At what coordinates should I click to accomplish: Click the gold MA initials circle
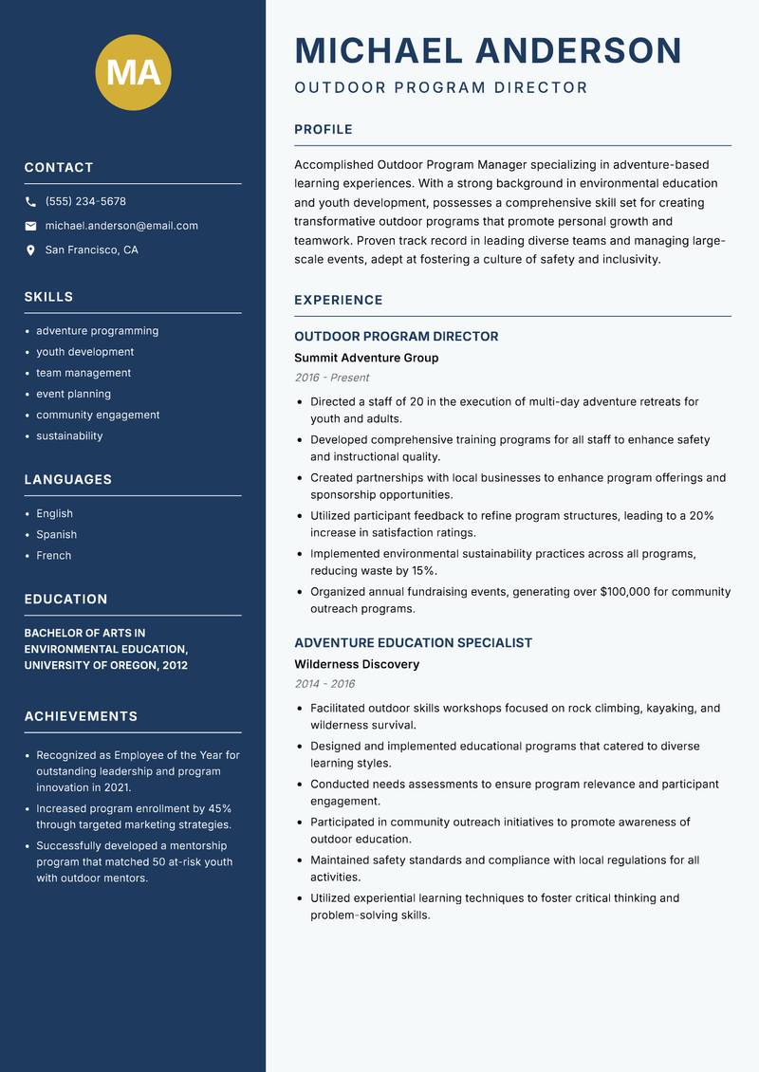pyautogui.click(x=134, y=72)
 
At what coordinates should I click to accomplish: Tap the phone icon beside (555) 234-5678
pyautogui.click(x=30, y=202)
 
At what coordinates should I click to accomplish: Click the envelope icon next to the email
pyautogui.click(x=30, y=226)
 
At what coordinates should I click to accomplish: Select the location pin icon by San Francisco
pyautogui.click(x=30, y=250)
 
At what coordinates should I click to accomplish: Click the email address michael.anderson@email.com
pyautogui.click(x=121, y=226)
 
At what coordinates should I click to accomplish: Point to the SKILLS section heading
pyautogui.click(x=48, y=297)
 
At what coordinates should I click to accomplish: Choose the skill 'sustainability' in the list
pyautogui.click(x=69, y=436)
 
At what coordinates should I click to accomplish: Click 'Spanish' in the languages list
pyautogui.click(x=56, y=535)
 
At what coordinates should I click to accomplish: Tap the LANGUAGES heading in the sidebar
pyautogui.click(x=68, y=480)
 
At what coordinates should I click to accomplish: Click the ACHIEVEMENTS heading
pyautogui.click(x=81, y=716)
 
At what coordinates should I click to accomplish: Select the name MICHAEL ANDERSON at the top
pyautogui.click(x=489, y=50)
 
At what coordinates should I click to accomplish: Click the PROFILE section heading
pyautogui.click(x=323, y=130)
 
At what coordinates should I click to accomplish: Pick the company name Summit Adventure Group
pyautogui.click(x=366, y=359)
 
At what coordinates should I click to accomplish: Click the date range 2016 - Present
pyautogui.click(x=331, y=378)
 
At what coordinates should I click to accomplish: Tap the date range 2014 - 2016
pyautogui.click(x=324, y=684)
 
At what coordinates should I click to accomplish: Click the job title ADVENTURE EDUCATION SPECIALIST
pyautogui.click(x=413, y=643)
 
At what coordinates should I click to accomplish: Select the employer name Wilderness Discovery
pyautogui.click(x=357, y=665)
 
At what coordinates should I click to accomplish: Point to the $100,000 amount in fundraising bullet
pyautogui.click(x=625, y=592)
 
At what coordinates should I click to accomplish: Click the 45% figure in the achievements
pyautogui.click(x=220, y=807)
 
